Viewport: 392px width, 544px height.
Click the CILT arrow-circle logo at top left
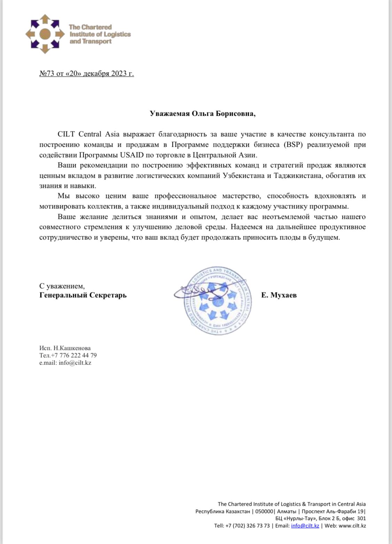(x=45, y=34)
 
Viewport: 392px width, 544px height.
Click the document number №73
(x=47, y=74)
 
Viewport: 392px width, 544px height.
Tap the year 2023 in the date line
(x=119, y=74)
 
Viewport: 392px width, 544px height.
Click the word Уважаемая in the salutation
(x=169, y=114)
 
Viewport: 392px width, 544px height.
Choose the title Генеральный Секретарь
(x=83, y=295)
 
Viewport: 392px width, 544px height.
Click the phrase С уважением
(x=62, y=286)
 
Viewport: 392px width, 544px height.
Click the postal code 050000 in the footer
(x=264, y=511)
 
